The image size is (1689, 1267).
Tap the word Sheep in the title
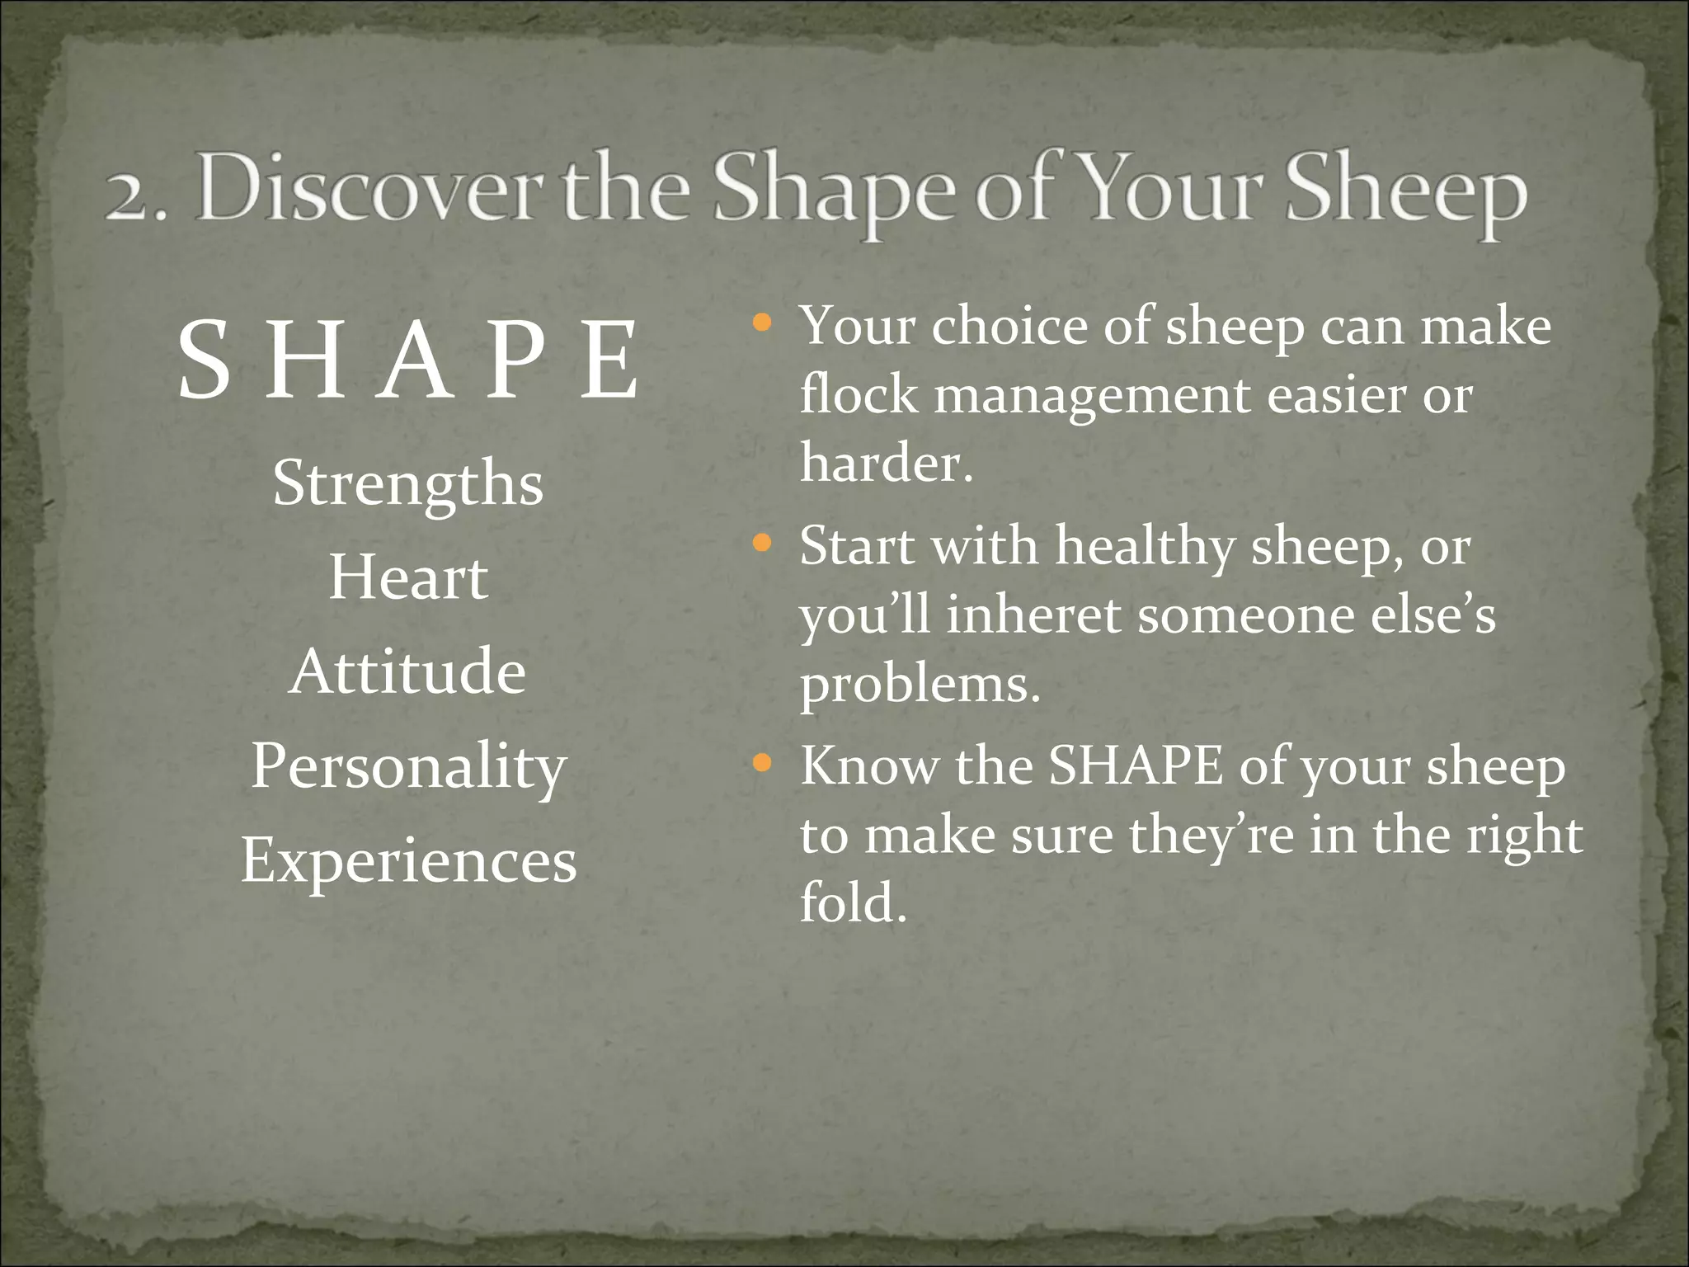coord(1405,195)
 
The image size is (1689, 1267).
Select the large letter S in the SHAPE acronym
coord(204,361)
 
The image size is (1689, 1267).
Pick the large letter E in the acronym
coord(609,361)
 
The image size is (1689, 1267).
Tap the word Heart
coord(408,577)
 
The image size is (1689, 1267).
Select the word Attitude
coord(408,671)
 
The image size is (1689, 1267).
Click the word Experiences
coord(408,860)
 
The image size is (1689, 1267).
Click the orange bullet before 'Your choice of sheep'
coord(762,323)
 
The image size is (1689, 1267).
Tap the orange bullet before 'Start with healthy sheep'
coord(762,543)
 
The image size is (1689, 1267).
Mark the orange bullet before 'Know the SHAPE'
coord(762,763)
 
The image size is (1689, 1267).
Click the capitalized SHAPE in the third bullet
coord(1136,766)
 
